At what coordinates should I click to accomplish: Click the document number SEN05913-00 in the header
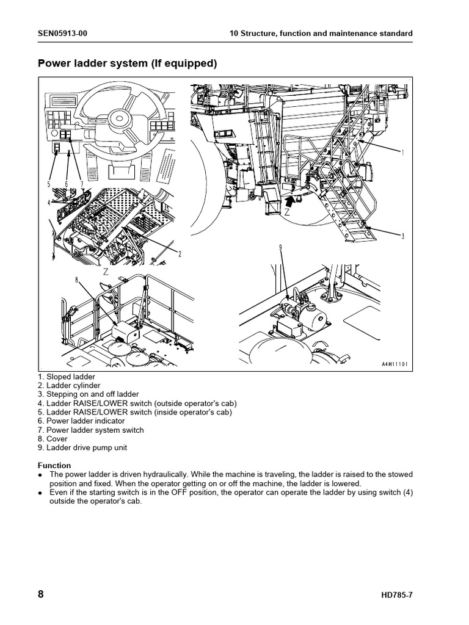click(62, 33)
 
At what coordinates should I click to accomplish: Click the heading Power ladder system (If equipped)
click(128, 63)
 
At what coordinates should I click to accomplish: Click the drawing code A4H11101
click(391, 364)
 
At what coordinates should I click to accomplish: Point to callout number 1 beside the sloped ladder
click(403, 152)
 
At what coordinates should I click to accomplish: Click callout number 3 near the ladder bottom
click(403, 236)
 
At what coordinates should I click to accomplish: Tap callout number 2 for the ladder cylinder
click(180, 254)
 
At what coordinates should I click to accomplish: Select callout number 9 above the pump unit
click(280, 247)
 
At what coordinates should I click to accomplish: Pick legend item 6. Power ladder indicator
click(81, 421)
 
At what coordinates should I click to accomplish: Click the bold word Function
click(54, 466)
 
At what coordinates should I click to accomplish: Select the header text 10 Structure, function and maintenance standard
click(321, 33)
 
